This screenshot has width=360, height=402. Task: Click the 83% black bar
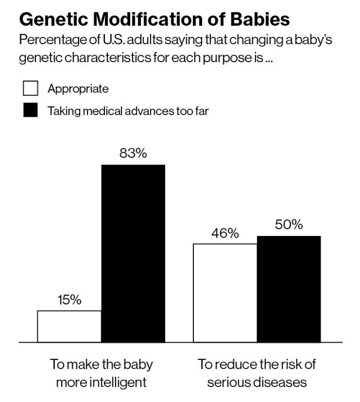tap(133, 253)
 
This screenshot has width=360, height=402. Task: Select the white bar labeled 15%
tap(69, 326)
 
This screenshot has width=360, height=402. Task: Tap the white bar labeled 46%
tap(225, 293)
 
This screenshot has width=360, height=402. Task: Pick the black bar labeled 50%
tap(289, 289)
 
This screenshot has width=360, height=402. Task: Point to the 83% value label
tap(133, 154)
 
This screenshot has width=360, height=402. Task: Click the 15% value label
tap(69, 300)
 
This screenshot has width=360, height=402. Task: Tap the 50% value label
tap(289, 225)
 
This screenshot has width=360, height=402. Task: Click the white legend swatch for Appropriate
tap(30, 89)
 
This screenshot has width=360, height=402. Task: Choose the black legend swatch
tap(30, 111)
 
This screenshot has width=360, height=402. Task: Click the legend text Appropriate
tap(78, 89)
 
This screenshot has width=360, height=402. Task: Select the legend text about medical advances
tap(128, 111)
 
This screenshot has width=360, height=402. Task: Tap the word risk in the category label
tap(289, 365)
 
